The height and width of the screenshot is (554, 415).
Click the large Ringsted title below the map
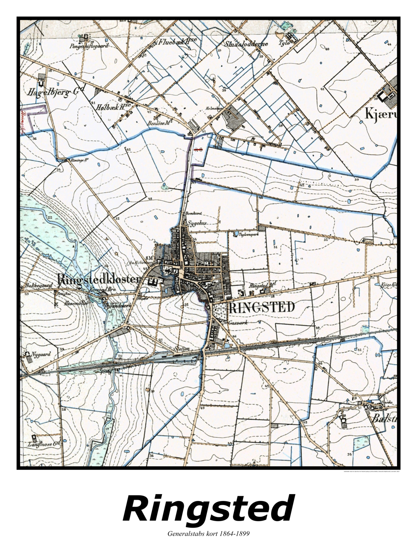click(x=208, y=509)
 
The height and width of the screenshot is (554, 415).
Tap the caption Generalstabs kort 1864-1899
click(x=208, y=533)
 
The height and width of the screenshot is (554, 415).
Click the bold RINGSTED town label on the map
click(x=261, y=307)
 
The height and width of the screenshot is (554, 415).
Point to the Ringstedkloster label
click(x=99, y=280)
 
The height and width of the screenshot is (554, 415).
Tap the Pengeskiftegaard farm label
click(x=89, y=46)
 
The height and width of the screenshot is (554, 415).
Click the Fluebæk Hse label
click(x=177, y=42)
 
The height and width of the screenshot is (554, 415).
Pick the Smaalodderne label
click(x=246, y=44)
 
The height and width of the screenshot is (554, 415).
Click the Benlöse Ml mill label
click(x=159, y=123)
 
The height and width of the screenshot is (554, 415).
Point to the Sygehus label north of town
click(x=197, y=223)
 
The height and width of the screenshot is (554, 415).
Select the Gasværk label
click(x=238, y=323)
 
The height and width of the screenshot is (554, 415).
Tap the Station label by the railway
click(x=182, y=349)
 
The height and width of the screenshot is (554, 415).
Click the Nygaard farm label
click(x=41, y=354)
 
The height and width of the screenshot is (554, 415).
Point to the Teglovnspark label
click(x=251, y=235)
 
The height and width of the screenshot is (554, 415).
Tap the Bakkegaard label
click(x=38, y=285)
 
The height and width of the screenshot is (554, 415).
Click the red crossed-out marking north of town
click(x=198, y=150)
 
